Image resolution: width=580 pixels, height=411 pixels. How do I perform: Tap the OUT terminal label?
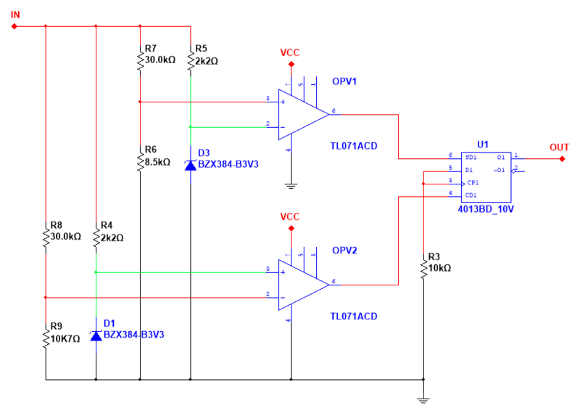pos(558,147)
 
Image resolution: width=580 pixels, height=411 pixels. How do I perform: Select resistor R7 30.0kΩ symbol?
pos(139,60)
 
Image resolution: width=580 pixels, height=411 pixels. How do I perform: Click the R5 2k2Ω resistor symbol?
pos(190,60)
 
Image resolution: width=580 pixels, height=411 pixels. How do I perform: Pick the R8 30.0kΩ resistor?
pos(46,236)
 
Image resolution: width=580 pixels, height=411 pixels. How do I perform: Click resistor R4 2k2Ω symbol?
pos(96,236)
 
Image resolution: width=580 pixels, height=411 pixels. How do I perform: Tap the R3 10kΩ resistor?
pos(423,266)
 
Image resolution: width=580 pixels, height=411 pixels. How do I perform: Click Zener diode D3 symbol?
pos(190,165)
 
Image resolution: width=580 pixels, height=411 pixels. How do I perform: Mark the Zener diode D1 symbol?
pos(96,335)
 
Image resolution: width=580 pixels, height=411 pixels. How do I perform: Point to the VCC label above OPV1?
pos(290,53)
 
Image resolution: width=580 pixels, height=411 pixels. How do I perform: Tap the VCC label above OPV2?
pos(290,217)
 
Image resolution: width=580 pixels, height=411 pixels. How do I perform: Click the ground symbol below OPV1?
pos(291,185)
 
